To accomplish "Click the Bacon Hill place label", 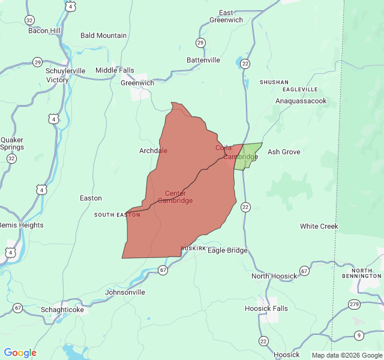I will [x=44, y=31].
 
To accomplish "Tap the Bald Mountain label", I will [x=103, y=35].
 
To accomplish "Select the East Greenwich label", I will [x=226, y=16].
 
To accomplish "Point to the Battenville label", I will [x=203, y=60].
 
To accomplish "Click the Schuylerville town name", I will [x=66, y=71].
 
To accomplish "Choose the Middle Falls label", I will [x=115, y=70].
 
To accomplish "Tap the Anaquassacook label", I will [x=301, y=101].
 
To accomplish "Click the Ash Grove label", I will [x=284, y=152].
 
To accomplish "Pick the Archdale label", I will [x=154, y=151].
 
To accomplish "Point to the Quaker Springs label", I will [x=12, y=143].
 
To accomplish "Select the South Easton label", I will [x=117, y=215].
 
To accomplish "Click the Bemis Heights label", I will [x=21, y=225].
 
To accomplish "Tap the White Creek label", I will [x=319, y=226].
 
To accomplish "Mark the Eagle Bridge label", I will [x=227, y=250].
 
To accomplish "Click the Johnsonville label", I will [x=125, y=292].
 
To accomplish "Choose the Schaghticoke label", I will [x=62, y=309].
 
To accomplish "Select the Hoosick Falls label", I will [x=266, y=308].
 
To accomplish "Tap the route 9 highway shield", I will [x=359, y=335].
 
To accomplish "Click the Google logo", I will [x=20, y=353].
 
